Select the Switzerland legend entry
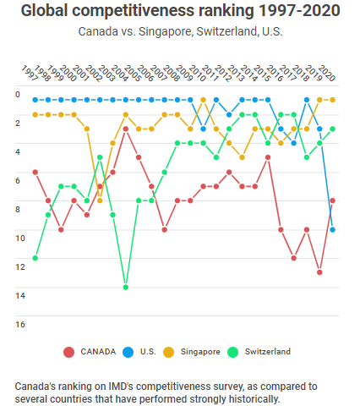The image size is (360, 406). pyautogui.click(x=267, y=351)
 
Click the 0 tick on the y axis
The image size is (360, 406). pyautogui.click(x=19, y=94)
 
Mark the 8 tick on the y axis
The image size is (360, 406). pyautogui.click(x=19, y=209)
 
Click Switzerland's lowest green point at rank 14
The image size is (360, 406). pyautogui.click(x=126, y=288)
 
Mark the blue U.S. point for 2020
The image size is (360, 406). pyautogui.click(x=333, y=229)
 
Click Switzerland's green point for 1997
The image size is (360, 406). pyautogui.click(x=35, y=258)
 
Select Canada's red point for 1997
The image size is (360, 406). pyautogui.click(x=35, y=172)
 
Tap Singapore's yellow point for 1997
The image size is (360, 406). pyautogui.click(x=35, y=115)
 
